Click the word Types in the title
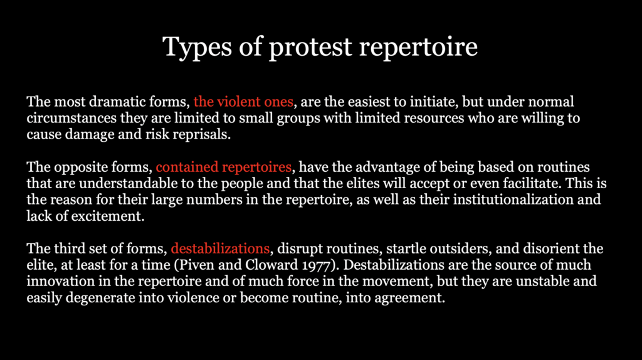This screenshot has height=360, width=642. (x=197, y=47)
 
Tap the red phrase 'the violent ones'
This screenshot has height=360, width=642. (x=243, y=102)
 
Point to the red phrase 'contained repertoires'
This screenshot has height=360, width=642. (x=224, y=167)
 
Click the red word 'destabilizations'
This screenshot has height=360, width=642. (x=220, y=248)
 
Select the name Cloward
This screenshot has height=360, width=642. (x=271, y=265)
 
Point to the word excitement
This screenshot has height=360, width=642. (x=108, y=216)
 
